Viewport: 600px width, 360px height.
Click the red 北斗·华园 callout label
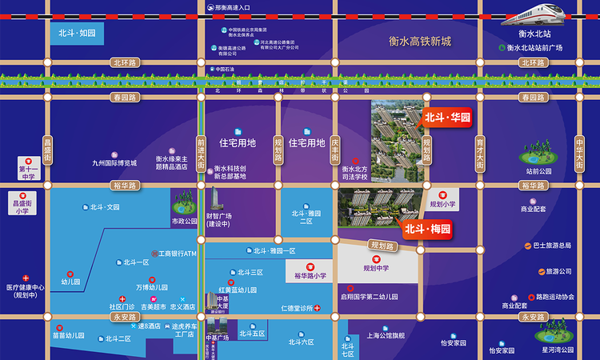[446, 118]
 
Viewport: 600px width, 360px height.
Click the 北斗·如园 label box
[77, 33]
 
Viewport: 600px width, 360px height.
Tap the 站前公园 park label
[539, 170]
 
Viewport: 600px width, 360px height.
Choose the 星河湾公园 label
[558, 350]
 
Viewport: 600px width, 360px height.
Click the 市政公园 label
[184, 220]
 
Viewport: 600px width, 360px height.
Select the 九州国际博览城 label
[114, 162]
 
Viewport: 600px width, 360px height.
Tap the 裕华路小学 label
[310, 276]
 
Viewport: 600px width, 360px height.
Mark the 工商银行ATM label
[177, 254]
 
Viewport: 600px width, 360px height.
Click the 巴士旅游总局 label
[553, 246]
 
